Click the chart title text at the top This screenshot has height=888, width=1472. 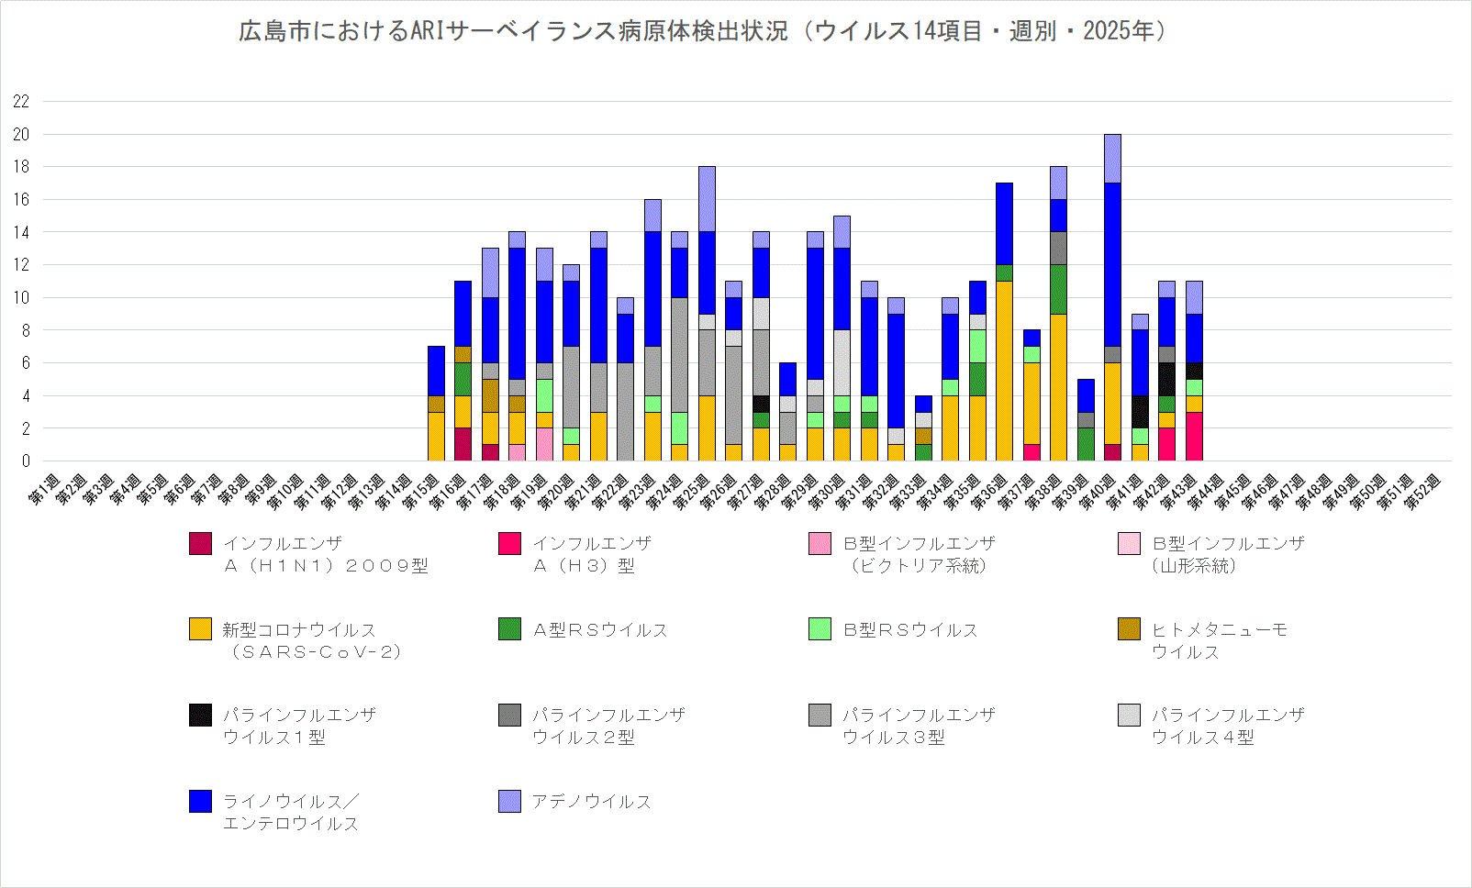702,31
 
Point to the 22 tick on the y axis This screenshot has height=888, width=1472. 21,101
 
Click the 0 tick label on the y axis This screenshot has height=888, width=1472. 26,461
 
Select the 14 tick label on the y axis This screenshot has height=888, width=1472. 21,232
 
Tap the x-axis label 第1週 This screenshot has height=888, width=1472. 43,490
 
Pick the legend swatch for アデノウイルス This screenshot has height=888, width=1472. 509,801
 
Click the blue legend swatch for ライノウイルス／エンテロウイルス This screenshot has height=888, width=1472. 200,801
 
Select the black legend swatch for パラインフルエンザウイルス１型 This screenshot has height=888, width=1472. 200,715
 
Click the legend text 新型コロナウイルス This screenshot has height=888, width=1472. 299,630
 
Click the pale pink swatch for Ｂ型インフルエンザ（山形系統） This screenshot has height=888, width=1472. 1129,543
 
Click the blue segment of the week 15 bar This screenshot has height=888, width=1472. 436,371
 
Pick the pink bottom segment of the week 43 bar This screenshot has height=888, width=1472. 1193,436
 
